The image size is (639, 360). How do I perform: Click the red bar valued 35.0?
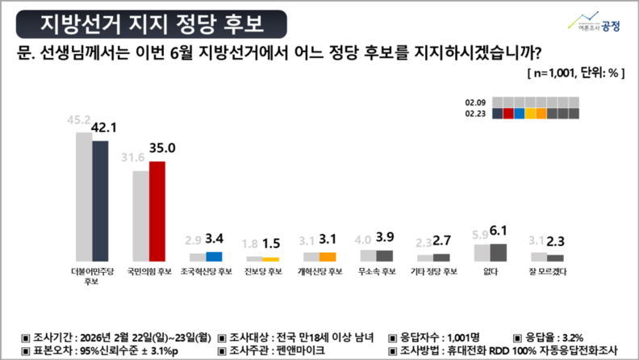pos(157,211)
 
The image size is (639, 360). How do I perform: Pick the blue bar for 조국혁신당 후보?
pos(214,256)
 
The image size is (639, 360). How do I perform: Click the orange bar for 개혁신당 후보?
pos(328,256)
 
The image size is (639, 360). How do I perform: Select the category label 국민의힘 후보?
pos(149,271)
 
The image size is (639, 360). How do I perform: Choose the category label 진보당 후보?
pos(263,271)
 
